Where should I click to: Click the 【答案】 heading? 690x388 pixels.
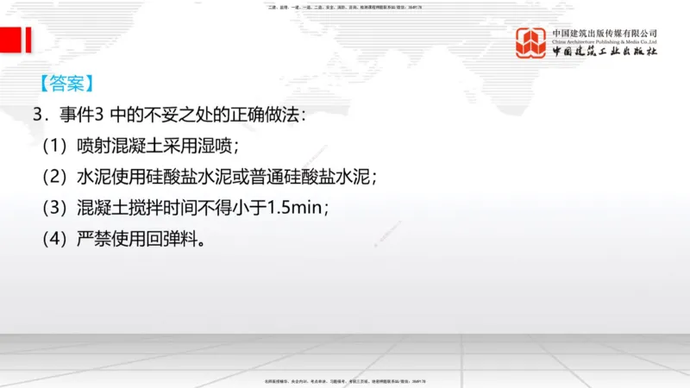coord(66,84)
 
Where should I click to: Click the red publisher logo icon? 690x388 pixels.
coord(531,42)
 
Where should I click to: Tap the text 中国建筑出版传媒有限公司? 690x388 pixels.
coord(605,33)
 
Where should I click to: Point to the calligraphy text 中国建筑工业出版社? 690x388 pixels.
coord(605,52)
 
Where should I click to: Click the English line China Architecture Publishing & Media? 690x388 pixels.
coord(605,41)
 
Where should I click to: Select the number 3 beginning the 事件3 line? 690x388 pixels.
coord(37,114)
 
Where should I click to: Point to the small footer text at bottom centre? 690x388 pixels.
coord(345,380)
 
